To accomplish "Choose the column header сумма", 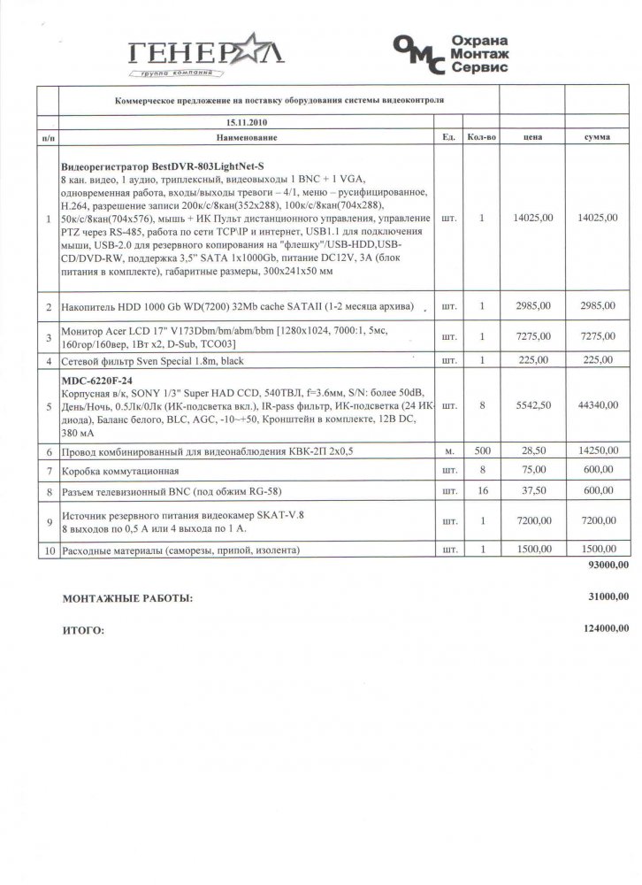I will (602, 139).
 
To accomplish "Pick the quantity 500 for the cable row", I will (480, 452).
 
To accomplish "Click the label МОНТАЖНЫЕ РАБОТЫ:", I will (127, 599).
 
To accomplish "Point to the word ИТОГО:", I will (82, 632).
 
